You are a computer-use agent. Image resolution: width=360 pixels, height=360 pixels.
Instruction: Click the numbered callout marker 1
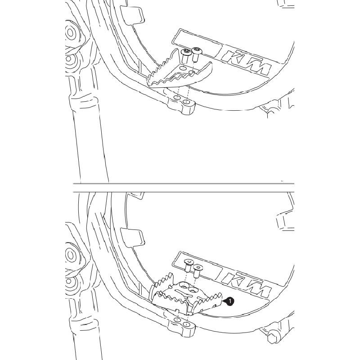coord(230,301)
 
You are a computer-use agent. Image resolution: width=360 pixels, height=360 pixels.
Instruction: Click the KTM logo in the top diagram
coord(246,63)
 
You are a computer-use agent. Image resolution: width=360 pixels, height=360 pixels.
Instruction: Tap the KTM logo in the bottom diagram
coord(246,285)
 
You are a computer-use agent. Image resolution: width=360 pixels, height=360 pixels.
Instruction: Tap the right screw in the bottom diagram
coord(197,271)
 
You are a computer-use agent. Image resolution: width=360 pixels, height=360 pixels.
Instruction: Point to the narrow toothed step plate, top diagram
coord(180,70)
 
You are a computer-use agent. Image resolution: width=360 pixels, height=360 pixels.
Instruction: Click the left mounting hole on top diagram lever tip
coord(177,98)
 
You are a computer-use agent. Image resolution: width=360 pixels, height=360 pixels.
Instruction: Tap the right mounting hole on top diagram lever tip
coord(186,102)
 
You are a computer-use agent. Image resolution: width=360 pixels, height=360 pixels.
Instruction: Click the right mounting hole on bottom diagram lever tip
coord(187,324)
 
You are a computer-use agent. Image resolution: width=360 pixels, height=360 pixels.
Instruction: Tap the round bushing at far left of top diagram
coord(70,33)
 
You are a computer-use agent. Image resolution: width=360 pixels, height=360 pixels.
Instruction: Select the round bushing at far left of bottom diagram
coord(70,255)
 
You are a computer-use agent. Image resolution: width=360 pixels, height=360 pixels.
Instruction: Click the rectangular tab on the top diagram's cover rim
coord(133,15)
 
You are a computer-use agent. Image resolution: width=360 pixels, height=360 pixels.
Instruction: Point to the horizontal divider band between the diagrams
coord(184,188)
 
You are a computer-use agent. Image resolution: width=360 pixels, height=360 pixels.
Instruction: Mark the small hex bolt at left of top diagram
coord(69,59)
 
